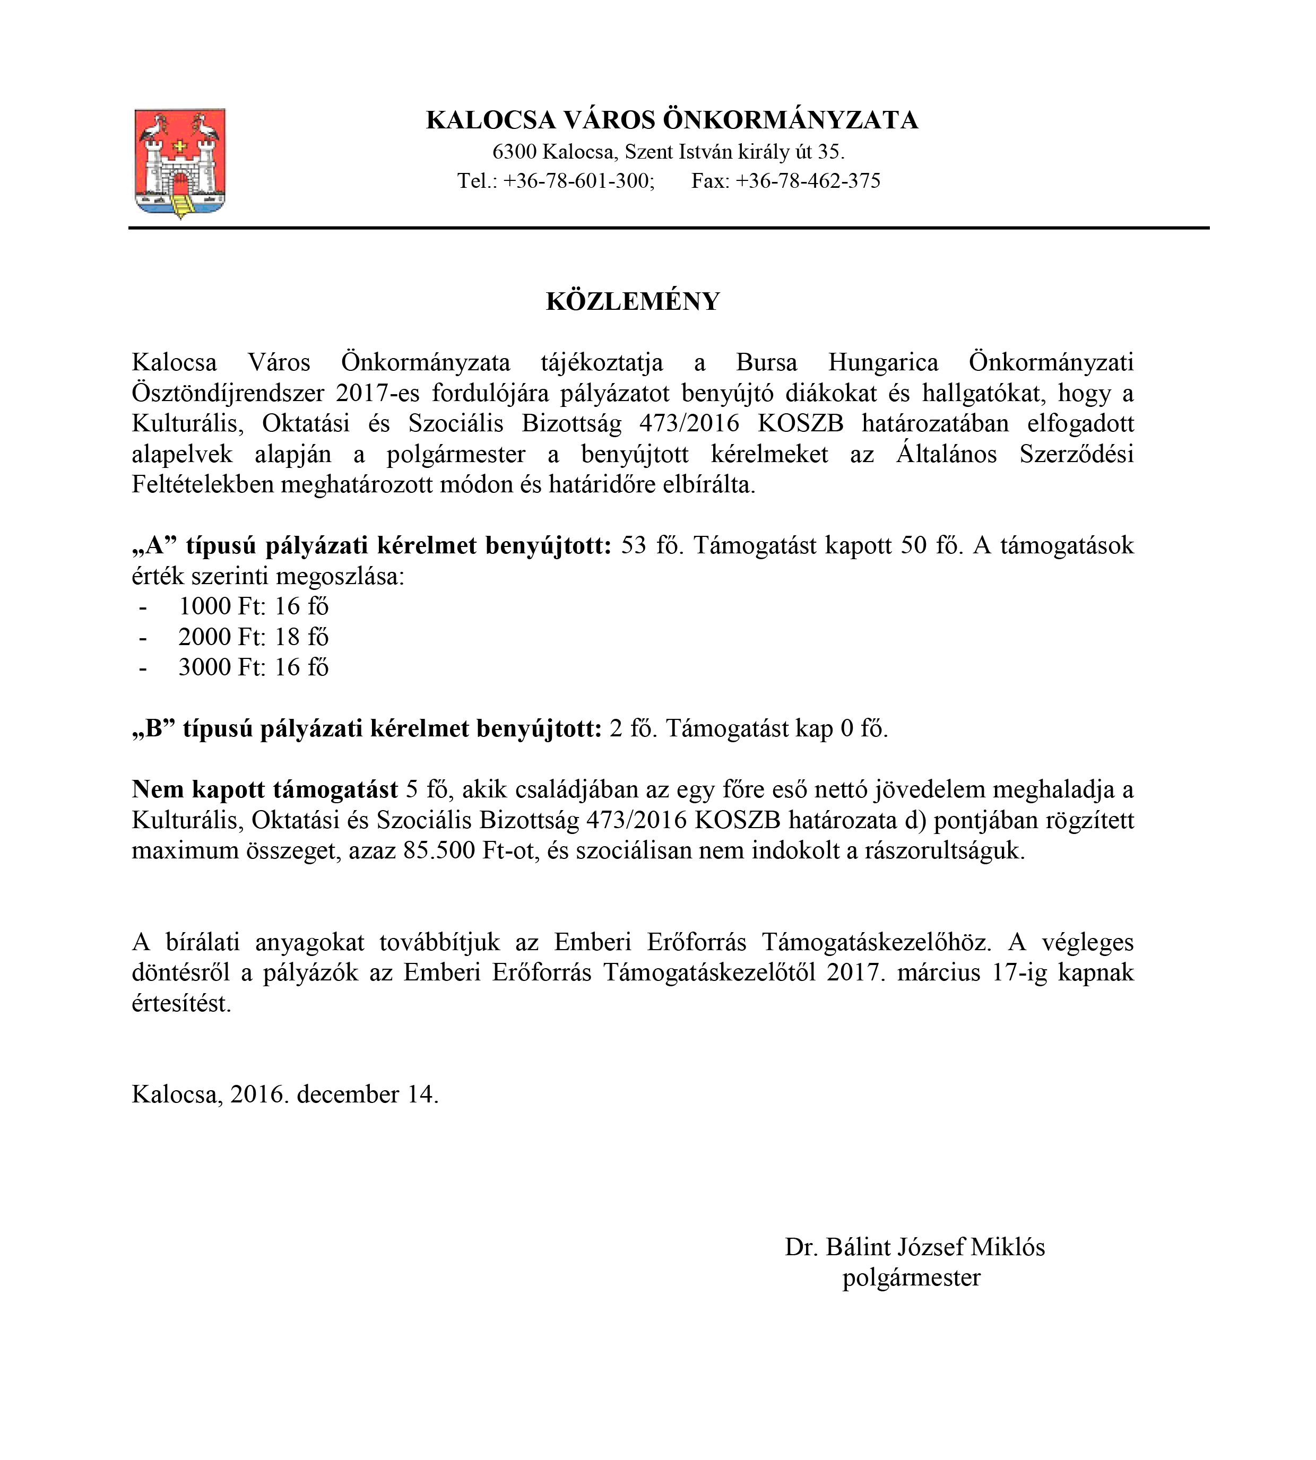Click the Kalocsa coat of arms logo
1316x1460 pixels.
pos(180,163)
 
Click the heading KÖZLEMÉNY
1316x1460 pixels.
pos(633,301)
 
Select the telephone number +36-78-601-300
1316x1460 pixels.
pos(578,181)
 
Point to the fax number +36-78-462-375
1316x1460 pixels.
pos(808,181)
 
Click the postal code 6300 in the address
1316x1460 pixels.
pos(514,152)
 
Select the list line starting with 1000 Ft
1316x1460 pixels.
pos(253,606)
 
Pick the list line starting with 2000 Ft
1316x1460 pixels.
pos(253,637)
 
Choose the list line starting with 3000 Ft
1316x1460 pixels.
pos(253,667)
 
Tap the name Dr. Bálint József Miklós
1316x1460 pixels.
pos(915,1247)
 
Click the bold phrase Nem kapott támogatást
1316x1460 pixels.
pos(265,789)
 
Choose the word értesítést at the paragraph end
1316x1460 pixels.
pos(181,1003)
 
